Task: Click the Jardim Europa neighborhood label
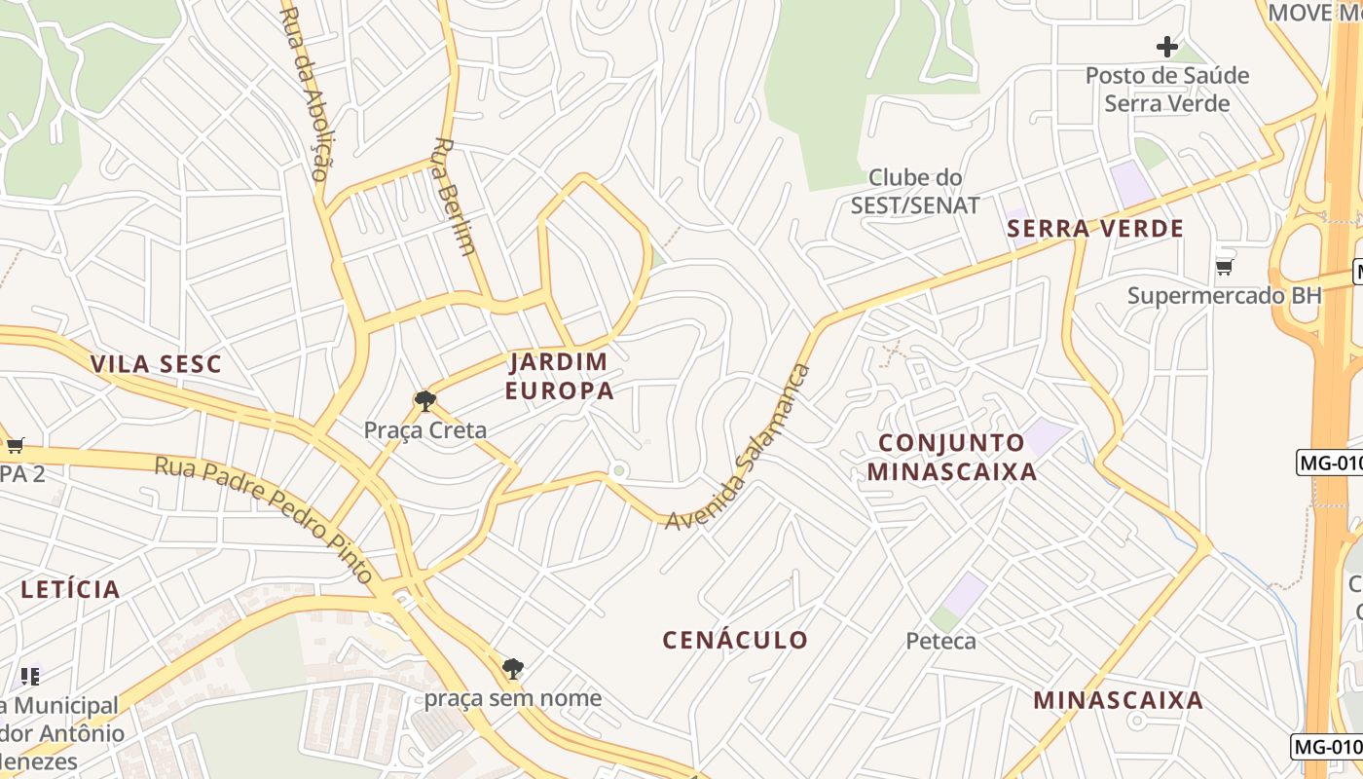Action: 562,376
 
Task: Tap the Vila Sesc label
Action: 156,364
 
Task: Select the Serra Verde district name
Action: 1095,229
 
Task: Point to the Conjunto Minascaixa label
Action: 951,457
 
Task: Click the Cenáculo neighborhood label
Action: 735,640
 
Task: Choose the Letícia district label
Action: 70,589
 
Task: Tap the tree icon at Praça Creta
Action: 424,400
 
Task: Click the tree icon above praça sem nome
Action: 513,668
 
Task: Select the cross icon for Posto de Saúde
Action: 1166,46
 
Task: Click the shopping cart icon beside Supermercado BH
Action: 1224,267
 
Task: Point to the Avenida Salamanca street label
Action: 738,448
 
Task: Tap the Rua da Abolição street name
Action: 306,93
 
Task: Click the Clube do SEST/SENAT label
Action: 915,191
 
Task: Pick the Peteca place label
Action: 940,641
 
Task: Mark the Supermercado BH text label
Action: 1225,295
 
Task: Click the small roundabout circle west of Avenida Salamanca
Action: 617,471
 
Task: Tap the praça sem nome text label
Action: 512,698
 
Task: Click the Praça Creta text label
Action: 424,429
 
